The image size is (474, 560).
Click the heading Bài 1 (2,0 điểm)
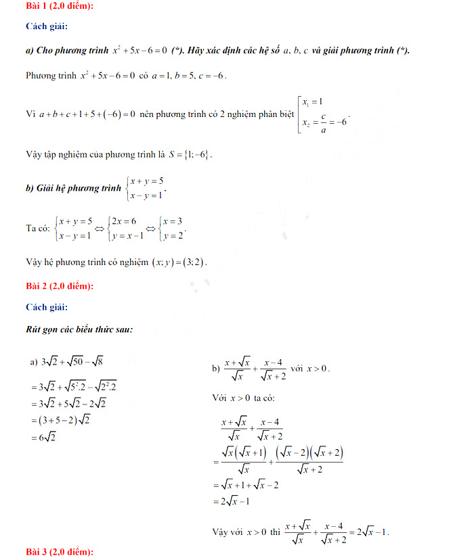coord(60,6)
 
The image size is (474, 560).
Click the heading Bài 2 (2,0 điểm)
coord(60,286)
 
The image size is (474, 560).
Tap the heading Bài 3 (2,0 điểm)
coord(60,553)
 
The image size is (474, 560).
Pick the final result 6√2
coord(47,438)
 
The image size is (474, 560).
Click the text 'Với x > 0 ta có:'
coord(243,398)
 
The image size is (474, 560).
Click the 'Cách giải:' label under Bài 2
coord(47,307)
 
